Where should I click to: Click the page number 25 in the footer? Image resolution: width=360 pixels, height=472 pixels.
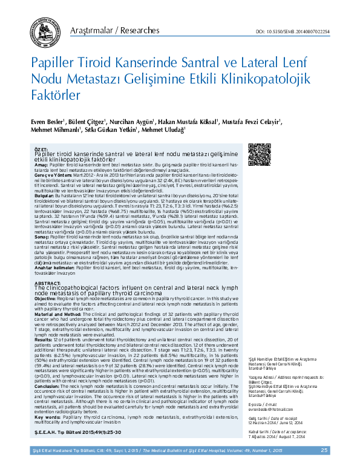tap(324, 450)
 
